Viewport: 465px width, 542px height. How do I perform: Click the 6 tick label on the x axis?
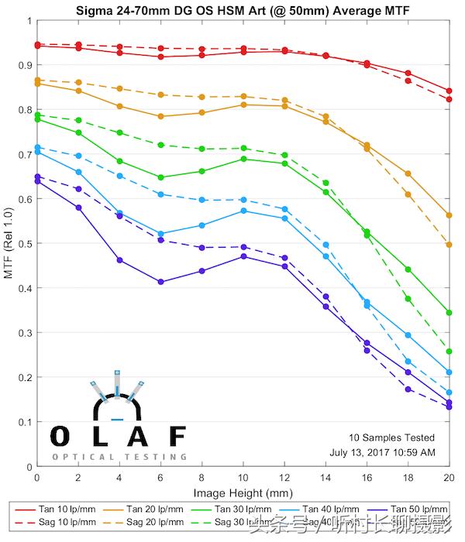160,478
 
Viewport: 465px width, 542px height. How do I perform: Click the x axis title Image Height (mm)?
243,492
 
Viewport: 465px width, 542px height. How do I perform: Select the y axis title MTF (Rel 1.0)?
9,244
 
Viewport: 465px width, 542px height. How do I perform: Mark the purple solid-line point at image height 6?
160,282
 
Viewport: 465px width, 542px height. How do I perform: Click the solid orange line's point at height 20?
449,215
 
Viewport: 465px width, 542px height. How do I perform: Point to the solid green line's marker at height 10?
243,159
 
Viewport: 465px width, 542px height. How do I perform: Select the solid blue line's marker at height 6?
160,234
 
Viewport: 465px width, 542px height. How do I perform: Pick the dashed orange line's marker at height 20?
449,245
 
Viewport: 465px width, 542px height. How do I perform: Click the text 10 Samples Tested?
391,438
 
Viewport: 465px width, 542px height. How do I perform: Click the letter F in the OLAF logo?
177,437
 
